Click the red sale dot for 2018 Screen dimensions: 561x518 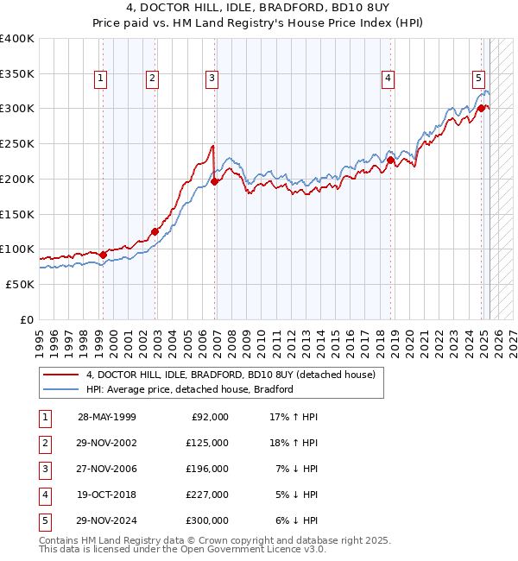pos(390,160)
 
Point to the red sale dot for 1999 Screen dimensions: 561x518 pos(103,255)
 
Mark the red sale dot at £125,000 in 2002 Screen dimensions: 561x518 pos(155,231)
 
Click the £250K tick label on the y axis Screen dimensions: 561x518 pos(17,144)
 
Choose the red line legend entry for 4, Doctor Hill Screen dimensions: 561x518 pos(231,375)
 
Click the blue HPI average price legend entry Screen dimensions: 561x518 pos(190,389)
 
